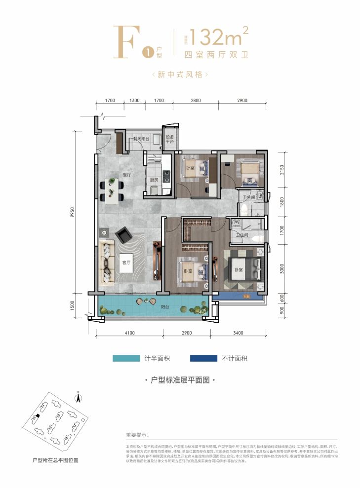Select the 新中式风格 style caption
[180, 75]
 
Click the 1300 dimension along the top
[134, 101]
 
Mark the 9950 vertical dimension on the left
[72, 212]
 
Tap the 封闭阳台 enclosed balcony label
[141, 139]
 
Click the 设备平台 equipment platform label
[170, 139]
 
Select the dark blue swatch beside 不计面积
[207, 359]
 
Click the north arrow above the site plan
[78, 395]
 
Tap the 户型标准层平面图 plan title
[180, 380]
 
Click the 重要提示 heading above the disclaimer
[137, 435]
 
